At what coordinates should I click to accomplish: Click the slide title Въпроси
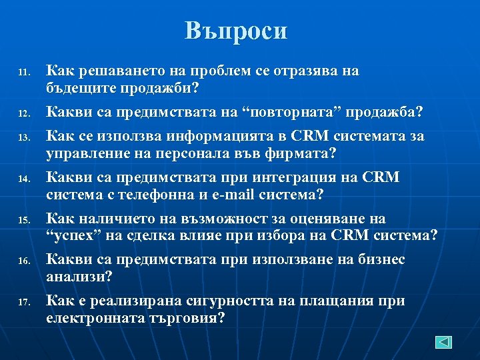point(236,31)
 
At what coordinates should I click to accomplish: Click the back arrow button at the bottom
point(444,342)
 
